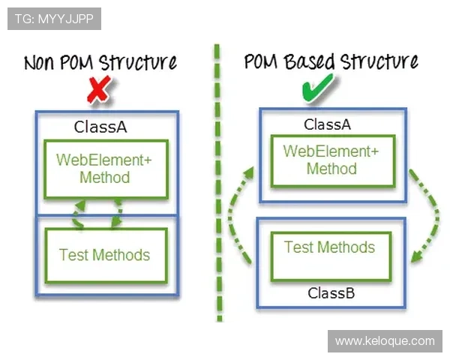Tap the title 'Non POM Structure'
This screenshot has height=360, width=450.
[x=100, y=61]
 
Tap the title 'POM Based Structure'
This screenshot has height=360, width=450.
[x=331, y=61]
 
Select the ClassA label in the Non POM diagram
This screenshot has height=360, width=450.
[x=100, y=126]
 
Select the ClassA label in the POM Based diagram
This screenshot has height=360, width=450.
[x=327, y=124]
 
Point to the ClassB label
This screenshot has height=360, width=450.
[x=331, y=292]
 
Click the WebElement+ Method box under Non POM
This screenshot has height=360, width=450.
[x=105, y=169]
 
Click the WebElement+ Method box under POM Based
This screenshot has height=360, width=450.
[x=331, y=160]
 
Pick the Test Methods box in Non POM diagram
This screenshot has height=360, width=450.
[x=105, y=255]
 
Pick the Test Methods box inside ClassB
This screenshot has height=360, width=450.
[x=329, y=247]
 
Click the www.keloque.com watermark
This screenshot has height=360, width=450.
[x=384, y=341]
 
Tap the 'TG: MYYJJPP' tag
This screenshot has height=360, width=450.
[x=54, y=19]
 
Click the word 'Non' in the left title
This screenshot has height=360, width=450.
[x=42, y=62]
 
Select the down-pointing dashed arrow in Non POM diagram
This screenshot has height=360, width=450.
[x=117, y=213]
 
